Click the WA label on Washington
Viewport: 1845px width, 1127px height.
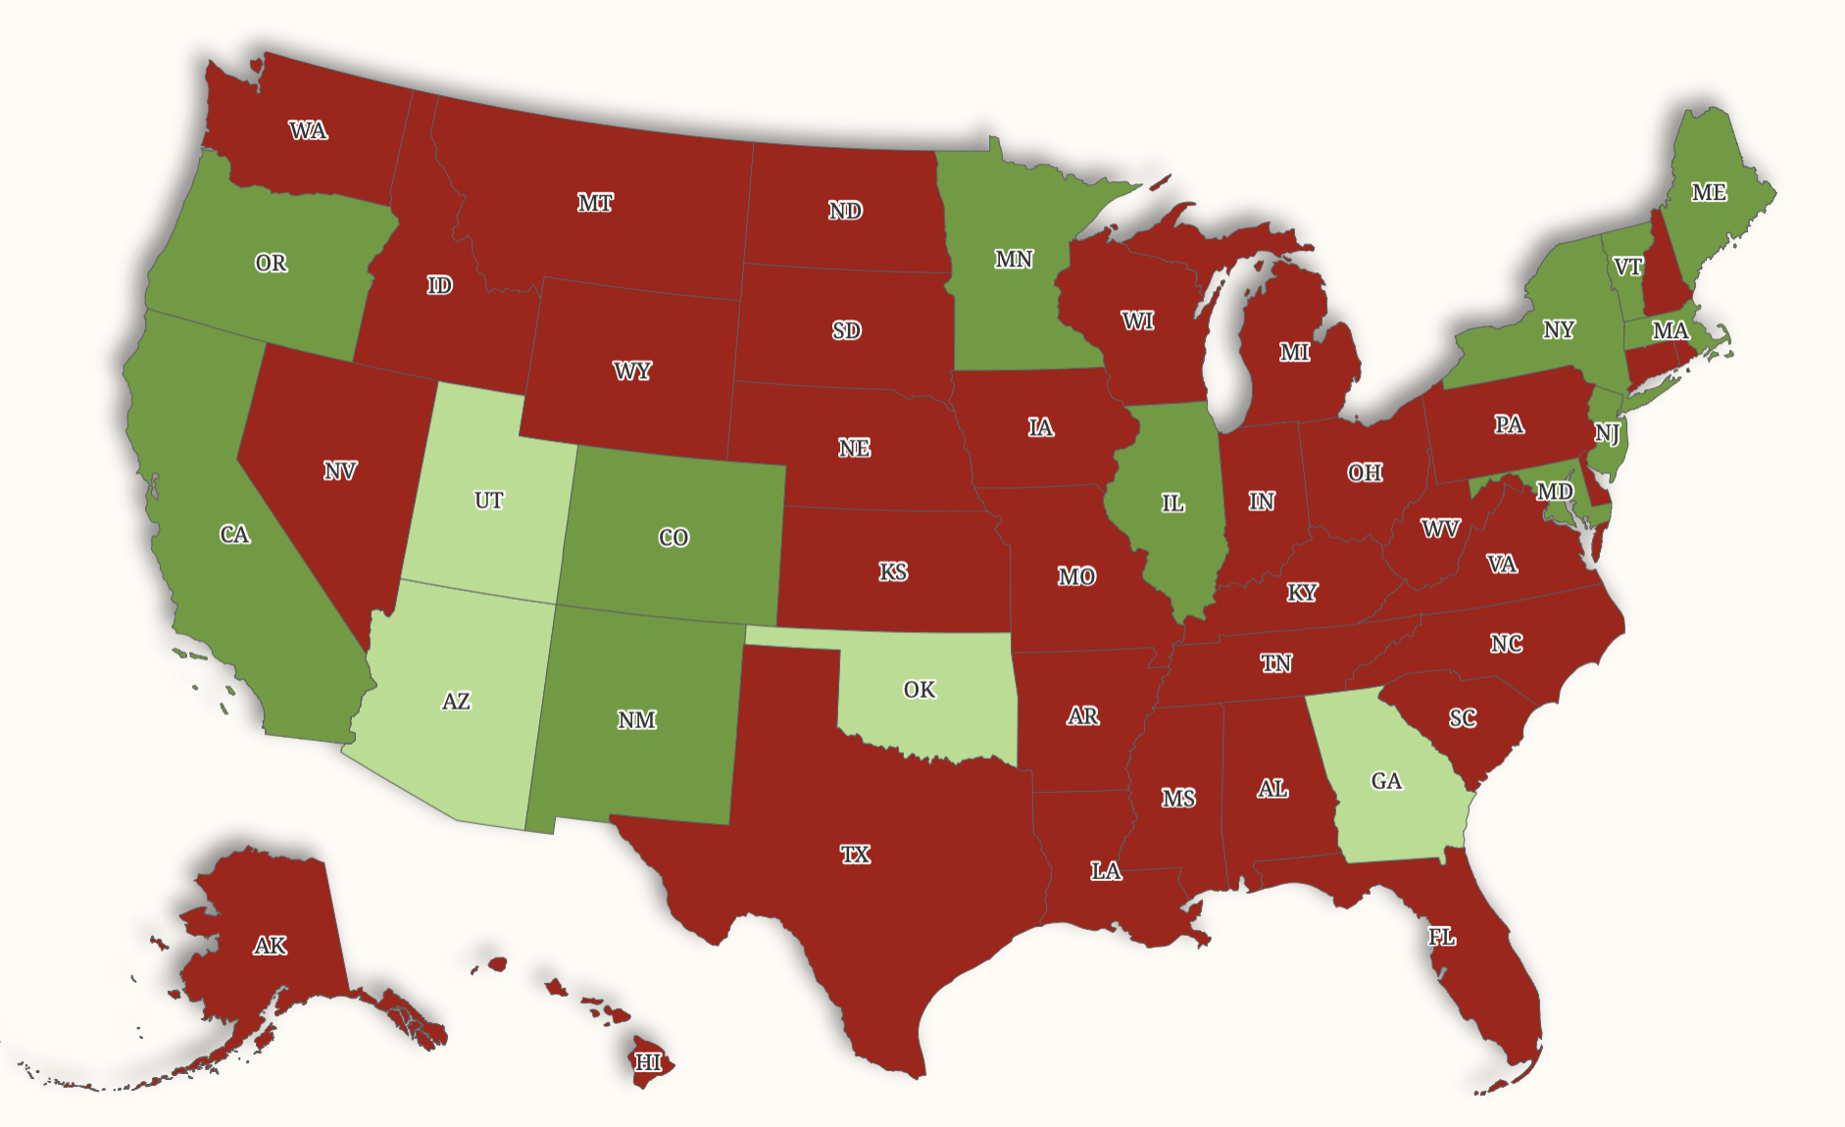point(308,130)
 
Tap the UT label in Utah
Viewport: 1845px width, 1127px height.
point(488,501)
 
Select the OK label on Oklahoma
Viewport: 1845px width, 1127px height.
point(919,690)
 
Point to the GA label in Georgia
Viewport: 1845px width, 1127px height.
point(1386,781)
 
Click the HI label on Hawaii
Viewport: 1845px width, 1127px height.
point(648,1062)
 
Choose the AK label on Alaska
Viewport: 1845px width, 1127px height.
point(271,946)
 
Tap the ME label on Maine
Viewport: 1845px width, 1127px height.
point(1709,192)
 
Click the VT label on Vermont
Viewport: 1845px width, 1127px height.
point(1627,267)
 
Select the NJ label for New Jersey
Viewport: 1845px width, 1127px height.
point(1606,433)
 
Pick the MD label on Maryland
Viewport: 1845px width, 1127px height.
point(1555,491)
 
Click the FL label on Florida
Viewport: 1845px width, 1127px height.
point(1441,937)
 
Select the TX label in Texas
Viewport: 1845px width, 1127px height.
point(855,855)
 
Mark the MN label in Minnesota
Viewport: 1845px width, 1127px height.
point(1014,259)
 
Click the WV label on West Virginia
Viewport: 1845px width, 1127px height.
point(1440,529)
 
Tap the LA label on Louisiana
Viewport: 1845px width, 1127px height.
point(1106,870)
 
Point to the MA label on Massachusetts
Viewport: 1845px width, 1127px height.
point(1670,330)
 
